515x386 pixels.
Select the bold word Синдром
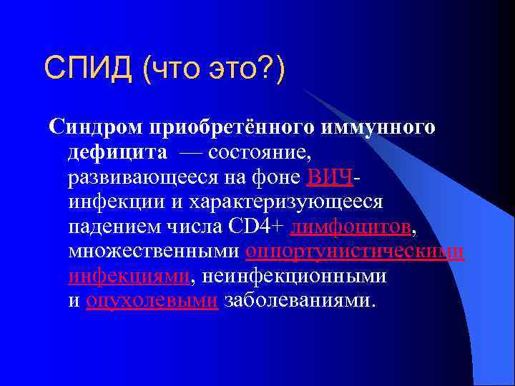point(96,127)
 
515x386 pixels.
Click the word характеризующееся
point(287,202)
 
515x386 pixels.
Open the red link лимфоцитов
point(351,227)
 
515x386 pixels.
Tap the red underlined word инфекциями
point(129,277)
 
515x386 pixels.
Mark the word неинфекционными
point(293,277)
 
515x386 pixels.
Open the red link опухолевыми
point(151,301)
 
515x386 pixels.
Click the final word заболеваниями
point(298,301)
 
